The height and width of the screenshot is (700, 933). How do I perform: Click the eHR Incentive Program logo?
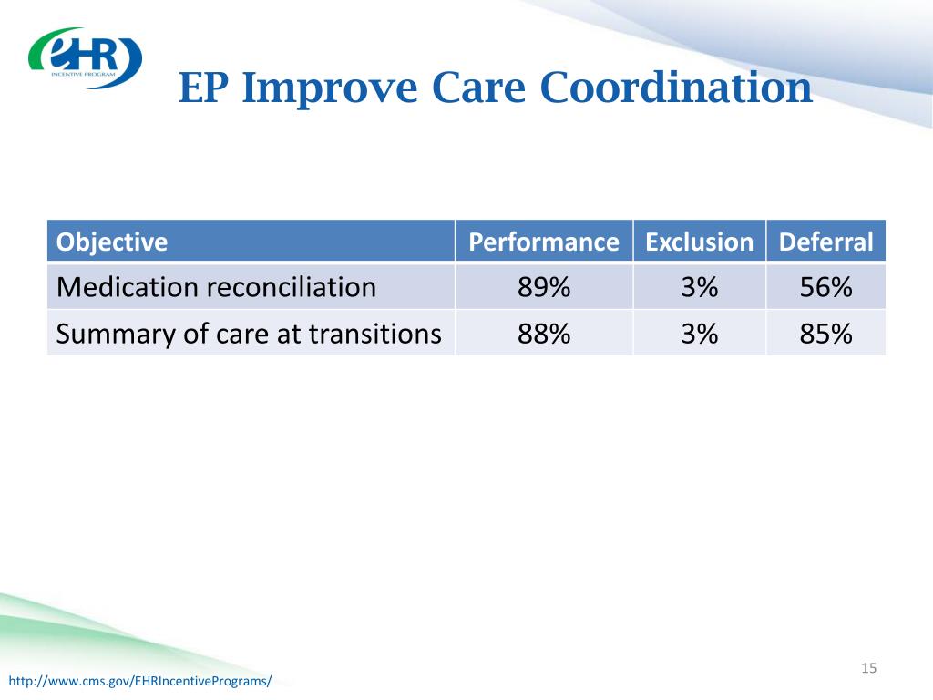coord(85,57)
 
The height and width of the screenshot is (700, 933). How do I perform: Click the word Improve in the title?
coord(330,88)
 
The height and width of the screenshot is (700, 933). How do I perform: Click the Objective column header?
coord(112,242)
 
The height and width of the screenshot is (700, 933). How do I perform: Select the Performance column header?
coord(544,242)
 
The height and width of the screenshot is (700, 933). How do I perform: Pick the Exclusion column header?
coord(699,242)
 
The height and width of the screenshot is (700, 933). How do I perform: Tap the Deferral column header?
coord(825,242)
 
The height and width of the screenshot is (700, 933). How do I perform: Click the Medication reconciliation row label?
coord(216,287)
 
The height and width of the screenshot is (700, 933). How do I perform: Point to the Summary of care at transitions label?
coord(249,334)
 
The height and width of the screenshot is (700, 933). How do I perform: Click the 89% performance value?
coord(544,287)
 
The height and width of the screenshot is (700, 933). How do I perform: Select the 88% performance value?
coord(544,334)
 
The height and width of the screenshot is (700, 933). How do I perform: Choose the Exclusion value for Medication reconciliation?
coord(700,287)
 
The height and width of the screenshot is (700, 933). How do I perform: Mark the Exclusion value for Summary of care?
coord(700,334)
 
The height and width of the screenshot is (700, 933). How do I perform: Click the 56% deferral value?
coord(825,287)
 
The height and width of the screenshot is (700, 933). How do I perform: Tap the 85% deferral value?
coord(825,334)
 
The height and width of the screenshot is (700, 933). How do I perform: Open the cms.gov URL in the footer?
coord(140,681)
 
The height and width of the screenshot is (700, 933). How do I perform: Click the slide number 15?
coord(868,668)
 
